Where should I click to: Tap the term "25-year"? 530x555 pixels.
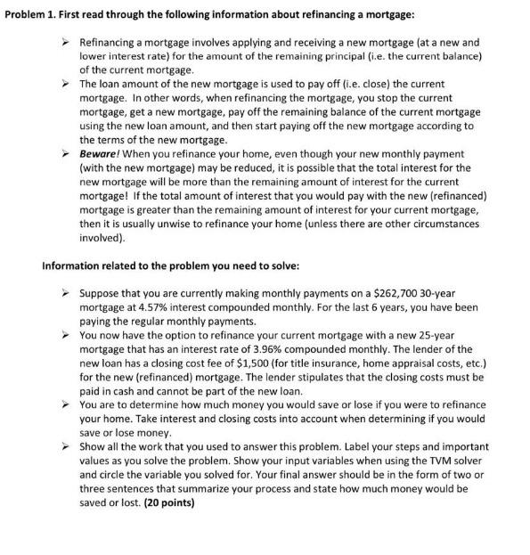click(x=445, y=335)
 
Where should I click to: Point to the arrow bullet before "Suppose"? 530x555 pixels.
click(x=64, y=292)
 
